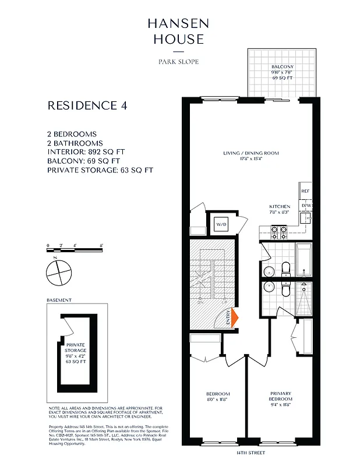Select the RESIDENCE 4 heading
[87, 105]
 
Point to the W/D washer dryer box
[221, 224]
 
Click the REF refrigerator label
[305, 191]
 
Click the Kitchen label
[280, 210]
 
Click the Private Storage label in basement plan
[76, 356]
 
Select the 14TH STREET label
[250, 452]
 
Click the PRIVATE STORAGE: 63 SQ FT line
[100, 170]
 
